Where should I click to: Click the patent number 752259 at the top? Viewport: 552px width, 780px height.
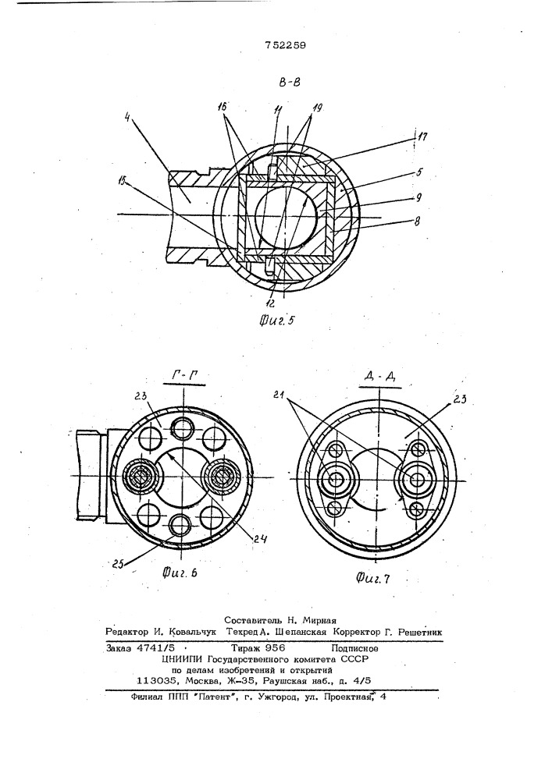[x=285, y=45]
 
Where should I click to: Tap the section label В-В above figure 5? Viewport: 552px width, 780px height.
[x=290, y=82]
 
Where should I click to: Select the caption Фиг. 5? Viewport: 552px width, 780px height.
[x=276, y=320]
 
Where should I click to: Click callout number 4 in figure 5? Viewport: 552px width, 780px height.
[x=127, y=119]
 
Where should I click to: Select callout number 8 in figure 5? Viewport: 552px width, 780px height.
[x=416, y=222]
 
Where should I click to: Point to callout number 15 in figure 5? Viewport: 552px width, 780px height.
[x=123, y=180]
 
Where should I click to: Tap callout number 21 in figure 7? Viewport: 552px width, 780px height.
[x=279, y=395]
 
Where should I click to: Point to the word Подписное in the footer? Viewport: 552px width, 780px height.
[x=354, y=649]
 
